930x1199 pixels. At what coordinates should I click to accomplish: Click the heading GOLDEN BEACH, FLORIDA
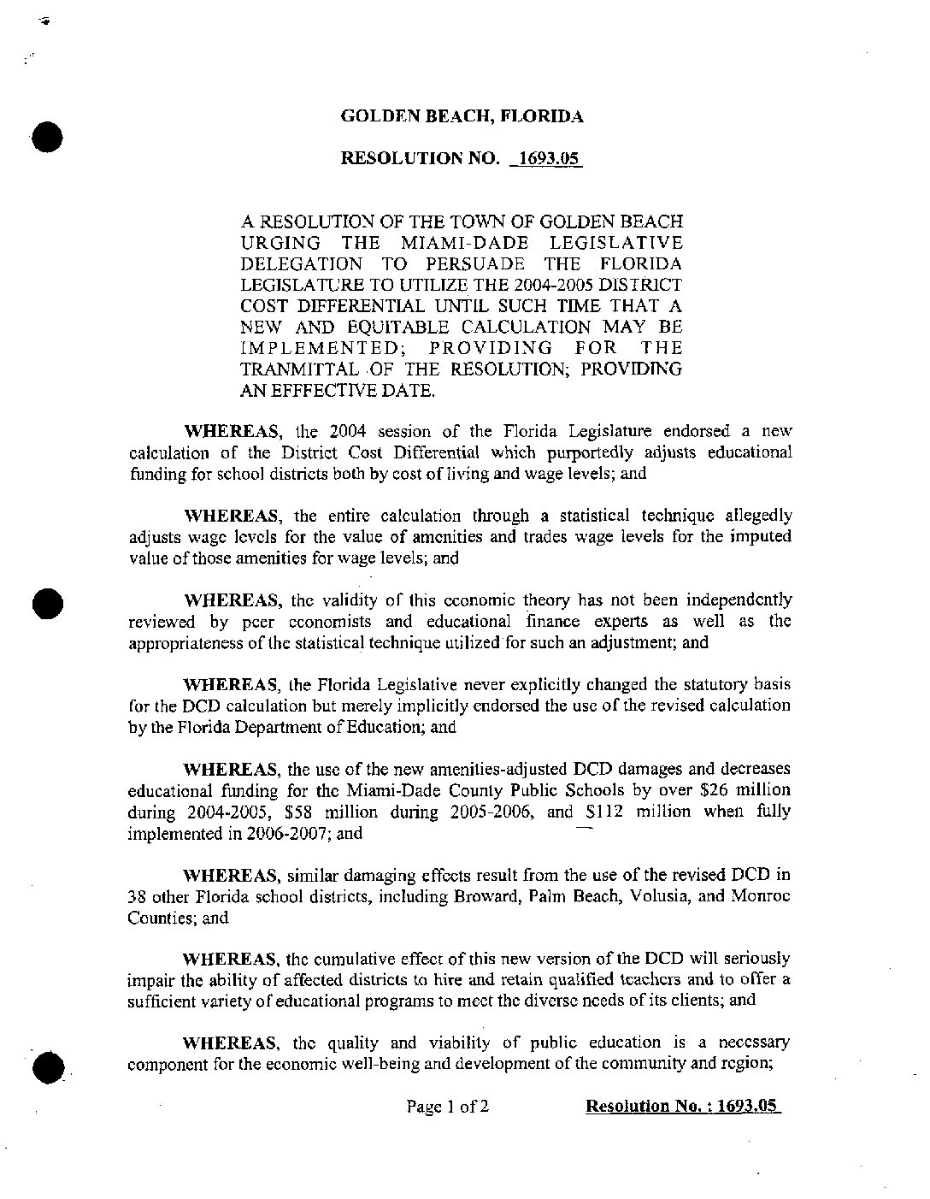[462, 116]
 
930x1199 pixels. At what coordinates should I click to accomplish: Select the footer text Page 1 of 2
[448, 1107]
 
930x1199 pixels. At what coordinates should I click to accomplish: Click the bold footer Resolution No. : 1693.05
[683, 1107]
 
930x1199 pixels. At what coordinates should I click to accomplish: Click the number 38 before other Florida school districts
[138, 896]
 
